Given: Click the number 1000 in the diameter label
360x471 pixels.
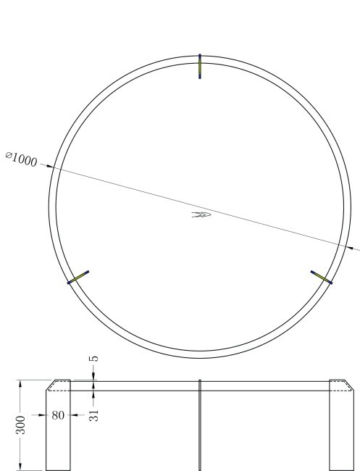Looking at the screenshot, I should pyautogui.click(x=25, y=160).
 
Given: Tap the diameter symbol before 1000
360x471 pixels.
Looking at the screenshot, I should pyautogui.click(x=9, y=155).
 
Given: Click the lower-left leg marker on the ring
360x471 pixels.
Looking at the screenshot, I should pyautogui.click(x=78, y=278).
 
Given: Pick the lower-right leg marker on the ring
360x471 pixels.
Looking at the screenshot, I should pyautogui.click(x=321, y=277).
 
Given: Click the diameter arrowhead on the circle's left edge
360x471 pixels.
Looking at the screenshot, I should pyautogui.click(x=52, y=167).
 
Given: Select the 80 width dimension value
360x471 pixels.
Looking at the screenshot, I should pyautogui.click(x=59, y=416).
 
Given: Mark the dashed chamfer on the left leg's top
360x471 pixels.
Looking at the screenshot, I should pyautogui.click(x=52, y=385).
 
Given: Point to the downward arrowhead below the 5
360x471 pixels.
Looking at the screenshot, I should pyautogui.click(x=93, y=377).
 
